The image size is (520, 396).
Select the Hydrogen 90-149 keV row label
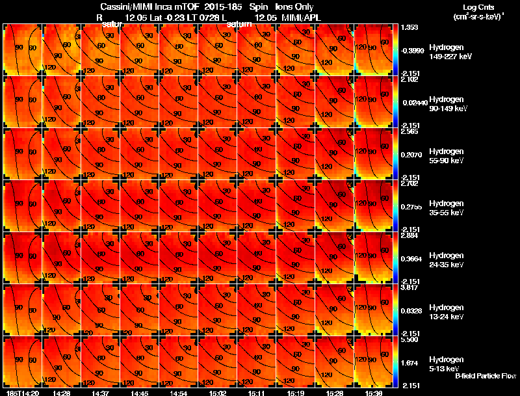446,103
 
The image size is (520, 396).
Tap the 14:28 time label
62,393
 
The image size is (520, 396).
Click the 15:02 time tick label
218,393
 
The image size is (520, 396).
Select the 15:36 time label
374,393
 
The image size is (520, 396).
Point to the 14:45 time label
140,393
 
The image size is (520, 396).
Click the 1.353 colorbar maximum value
409,27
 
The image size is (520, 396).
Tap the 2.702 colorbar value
409,184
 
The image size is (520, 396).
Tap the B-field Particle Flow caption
486,376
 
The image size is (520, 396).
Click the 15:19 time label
296,393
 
